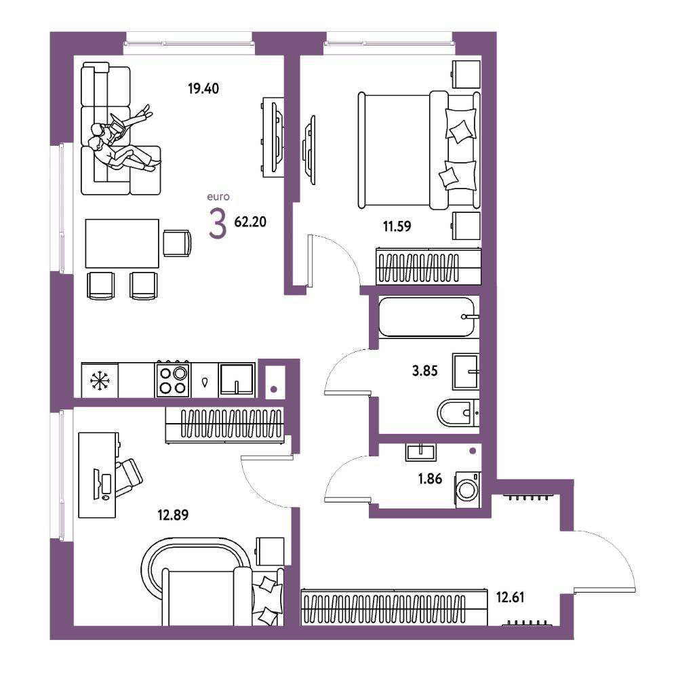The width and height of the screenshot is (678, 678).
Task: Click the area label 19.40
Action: (203, 89)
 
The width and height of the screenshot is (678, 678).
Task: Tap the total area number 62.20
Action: (250, 222)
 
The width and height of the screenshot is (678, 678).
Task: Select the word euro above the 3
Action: (218, 197)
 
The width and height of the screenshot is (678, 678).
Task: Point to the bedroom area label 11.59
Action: (397, 226)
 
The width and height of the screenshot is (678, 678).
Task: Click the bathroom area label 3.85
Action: (424, 371)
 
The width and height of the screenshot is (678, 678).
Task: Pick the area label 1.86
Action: (430, 479)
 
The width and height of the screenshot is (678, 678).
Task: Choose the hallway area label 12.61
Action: (511, 597)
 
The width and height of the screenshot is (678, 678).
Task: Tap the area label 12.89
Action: (173, 515)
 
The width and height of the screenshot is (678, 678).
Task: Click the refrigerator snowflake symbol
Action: (100, 380)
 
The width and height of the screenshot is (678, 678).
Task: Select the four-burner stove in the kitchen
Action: (173, 379)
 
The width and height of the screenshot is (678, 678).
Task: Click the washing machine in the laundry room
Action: (467, 489)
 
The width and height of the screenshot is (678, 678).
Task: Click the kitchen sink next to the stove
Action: (237, 379)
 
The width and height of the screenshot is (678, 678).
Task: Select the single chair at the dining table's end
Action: (177, 243)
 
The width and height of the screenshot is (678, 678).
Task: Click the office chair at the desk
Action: (128, 477)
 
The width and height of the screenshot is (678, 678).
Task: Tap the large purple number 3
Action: (218, 223)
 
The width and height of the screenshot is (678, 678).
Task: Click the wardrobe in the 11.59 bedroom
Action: (428, 266)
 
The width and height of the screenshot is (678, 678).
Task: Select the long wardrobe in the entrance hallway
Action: (394, 607)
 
